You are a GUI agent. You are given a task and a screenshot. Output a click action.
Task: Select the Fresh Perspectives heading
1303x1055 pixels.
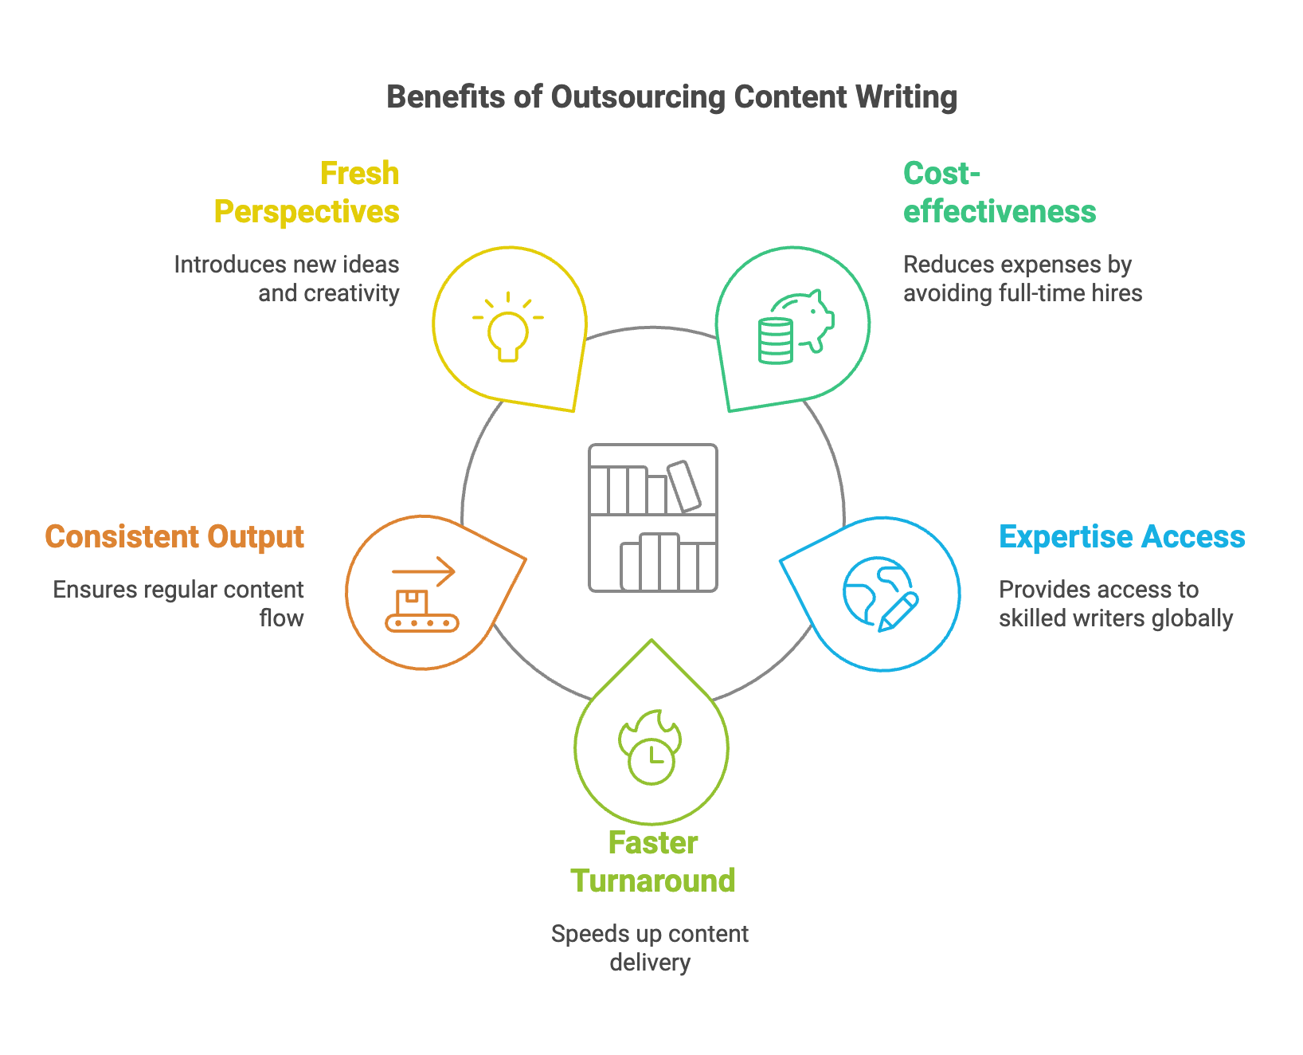tap(307, 193)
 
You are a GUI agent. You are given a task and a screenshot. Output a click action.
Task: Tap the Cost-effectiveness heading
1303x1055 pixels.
tap(1000, 193)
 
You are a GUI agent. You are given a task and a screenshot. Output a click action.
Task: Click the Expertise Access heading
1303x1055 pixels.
tap(1121, 537)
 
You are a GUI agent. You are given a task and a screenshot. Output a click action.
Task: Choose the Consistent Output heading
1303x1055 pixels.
tap(174, 537)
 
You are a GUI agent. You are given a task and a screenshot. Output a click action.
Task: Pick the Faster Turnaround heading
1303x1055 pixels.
tap(652, 862)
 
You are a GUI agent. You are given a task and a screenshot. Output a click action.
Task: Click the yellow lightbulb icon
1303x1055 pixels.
tap(508, 327)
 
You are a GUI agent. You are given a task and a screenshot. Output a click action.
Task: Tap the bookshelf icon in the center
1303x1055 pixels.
tap(652, 518)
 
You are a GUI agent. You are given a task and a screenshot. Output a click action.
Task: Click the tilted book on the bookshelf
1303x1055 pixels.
tap(683, 485)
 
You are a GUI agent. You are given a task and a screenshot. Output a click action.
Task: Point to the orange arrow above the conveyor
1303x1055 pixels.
tap(423, 571)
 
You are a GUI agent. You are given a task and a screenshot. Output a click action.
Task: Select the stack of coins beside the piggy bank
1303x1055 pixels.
tap(775, 341)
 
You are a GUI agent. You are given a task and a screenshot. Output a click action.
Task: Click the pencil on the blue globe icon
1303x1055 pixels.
tap(898, 612)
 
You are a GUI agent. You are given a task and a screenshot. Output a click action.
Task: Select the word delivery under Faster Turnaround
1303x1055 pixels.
tap(650, 963)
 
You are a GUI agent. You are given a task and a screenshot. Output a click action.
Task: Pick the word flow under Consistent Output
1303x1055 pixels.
tap(282, 618)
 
